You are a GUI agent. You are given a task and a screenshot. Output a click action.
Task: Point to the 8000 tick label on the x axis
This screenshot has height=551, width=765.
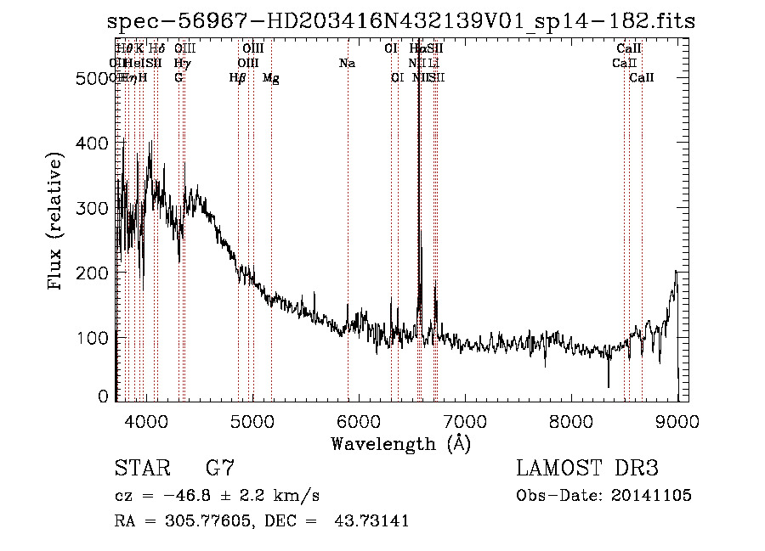(x=571, y=420)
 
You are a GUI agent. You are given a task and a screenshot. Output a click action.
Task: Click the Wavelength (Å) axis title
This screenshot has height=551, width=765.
(x=400, y=443)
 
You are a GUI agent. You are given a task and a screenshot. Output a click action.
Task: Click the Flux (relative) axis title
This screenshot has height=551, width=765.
(x=57, y=222)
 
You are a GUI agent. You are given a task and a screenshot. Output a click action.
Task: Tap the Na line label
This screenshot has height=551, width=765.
(x=347, y=63)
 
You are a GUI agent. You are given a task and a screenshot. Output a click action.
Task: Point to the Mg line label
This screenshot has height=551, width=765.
(x=271, y=78)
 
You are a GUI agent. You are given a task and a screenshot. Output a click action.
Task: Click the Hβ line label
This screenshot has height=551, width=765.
(x=238, y=78)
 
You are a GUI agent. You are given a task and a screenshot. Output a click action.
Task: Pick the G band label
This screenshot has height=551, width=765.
(x=178, y=78)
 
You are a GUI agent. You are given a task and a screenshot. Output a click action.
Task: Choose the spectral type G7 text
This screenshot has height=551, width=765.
(x=219, y=469)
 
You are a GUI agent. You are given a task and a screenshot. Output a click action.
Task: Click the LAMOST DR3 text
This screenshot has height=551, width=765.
(x=587, y=469)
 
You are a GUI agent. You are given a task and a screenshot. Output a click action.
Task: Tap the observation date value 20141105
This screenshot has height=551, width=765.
(x=653, y=495)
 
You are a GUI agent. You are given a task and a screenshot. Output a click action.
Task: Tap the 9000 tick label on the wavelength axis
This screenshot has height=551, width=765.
(x=677, y=420)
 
